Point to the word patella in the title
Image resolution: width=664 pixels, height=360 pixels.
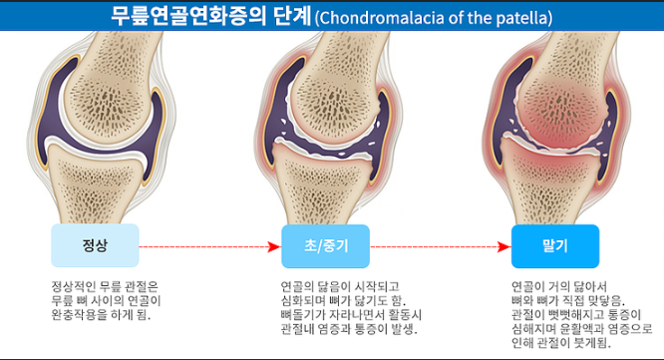click(521, 17)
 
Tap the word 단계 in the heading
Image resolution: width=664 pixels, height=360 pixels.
click(284, 16)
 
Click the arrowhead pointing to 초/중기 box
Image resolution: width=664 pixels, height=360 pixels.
click(274, 245)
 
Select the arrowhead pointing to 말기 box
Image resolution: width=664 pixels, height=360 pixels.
click(505, 245)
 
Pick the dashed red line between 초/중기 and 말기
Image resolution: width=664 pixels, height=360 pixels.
click(434, 245)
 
